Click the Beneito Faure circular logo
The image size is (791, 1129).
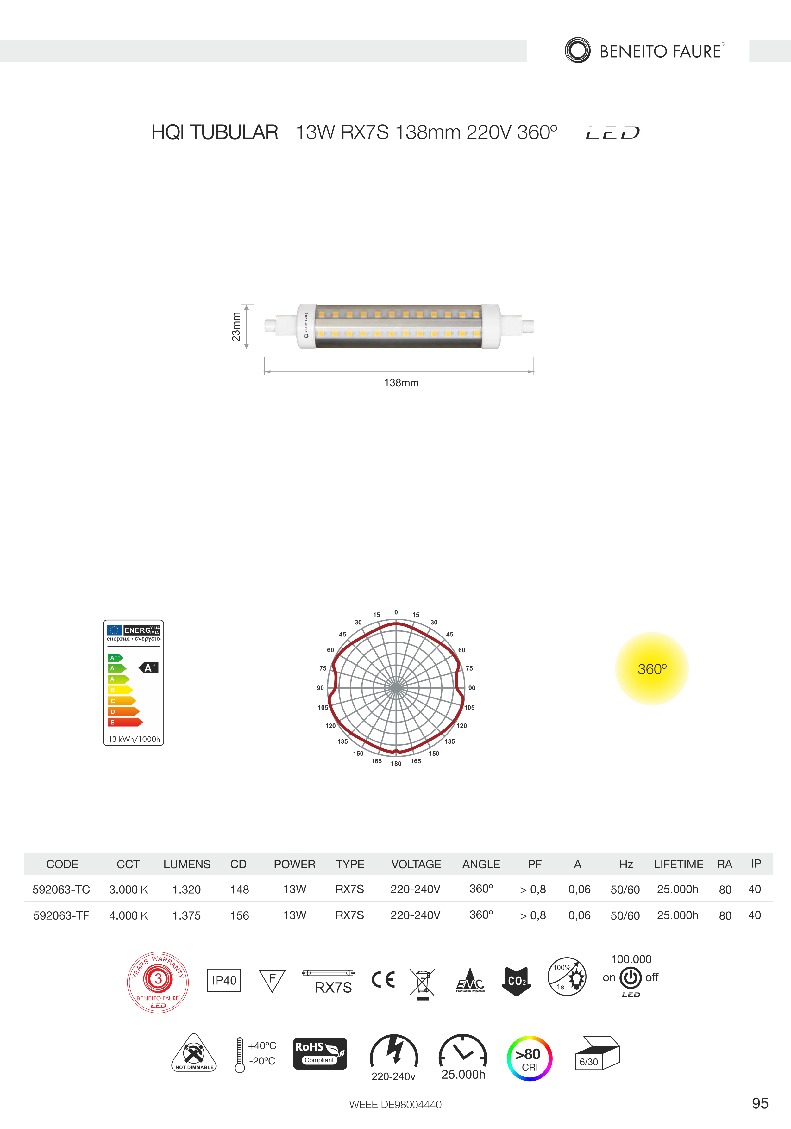pos(578,50)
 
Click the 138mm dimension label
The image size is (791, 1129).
pos(401,382)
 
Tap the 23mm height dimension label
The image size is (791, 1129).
pos(236,326)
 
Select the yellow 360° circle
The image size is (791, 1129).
pos(652,669)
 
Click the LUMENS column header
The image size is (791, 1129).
pos(187,864)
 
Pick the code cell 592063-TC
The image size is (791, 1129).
pos(61,890)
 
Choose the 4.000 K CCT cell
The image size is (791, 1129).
pos(129,915)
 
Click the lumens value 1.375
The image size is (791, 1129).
pos(186,915)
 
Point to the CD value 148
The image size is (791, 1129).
pos(240,890)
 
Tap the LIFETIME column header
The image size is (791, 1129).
pos(678,864)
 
